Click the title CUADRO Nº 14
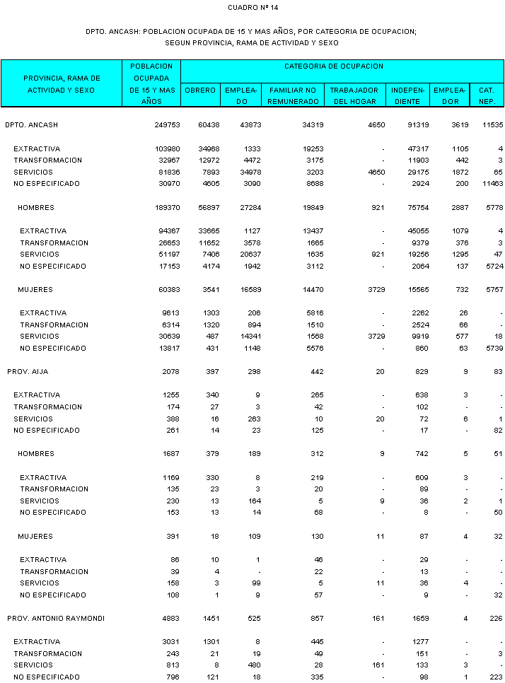(253, 8)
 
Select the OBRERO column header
(200, 91)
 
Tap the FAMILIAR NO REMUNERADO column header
(292, 95)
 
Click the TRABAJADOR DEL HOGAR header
(355, 95)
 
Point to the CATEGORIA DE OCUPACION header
(334, 66)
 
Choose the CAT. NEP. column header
(486, 95)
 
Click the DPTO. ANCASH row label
(31, 125)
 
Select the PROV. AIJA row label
(28, 371)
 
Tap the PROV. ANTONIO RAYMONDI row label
(56, 618)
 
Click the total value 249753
(168, 125)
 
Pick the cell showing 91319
(410, 125)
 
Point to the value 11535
(491, 125)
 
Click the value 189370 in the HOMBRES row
(168, 208)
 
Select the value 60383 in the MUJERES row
(169, 290)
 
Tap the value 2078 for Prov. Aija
(171, 371)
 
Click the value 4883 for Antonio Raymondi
(171, 618)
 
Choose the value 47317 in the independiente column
(410, 149)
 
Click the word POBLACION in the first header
(151, 66)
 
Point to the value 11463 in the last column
(491, 184)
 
